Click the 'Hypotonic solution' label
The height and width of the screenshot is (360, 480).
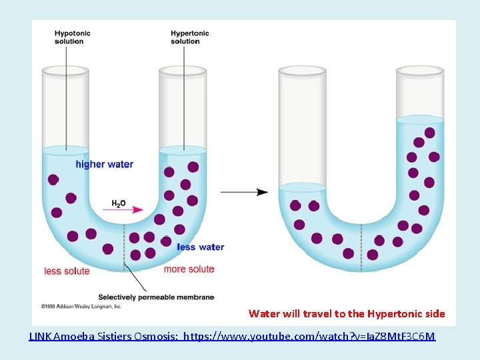tap(73, 37)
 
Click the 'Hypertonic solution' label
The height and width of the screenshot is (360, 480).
tap(189, 37)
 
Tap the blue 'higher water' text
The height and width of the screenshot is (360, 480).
tap(104, 165)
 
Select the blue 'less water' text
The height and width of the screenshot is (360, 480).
tap(201, 247)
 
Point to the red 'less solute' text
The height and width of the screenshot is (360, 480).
tap(67, 271)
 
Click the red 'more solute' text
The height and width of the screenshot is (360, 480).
tap(189, 269)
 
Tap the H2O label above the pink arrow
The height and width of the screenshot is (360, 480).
tap(118, 203)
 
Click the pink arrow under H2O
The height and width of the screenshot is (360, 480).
tap(127, 211)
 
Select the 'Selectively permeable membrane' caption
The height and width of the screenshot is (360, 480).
tap(156, 297)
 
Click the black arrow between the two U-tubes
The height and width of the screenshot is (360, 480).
tap(244, 192)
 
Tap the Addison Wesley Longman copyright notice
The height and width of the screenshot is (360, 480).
tap(81, 307)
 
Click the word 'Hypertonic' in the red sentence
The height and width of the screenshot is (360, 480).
tap(389, 313)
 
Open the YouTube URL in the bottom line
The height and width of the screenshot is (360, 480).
tap(309, 337)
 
